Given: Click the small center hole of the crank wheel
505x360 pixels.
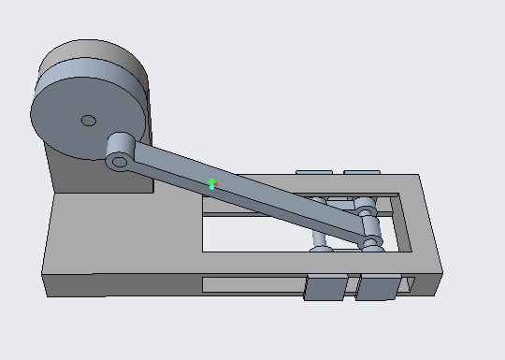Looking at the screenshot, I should (x=88, y=120).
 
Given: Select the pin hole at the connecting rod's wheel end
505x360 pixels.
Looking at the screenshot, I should (x=118, y=162).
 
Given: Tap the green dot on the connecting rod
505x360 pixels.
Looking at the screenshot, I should (x=212, y=181).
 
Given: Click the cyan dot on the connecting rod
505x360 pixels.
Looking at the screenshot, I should (x=212, y=188).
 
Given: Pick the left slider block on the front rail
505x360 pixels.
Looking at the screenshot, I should (x=326, y=288).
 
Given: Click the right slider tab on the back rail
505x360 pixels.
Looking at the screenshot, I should (x=361, y=173).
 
